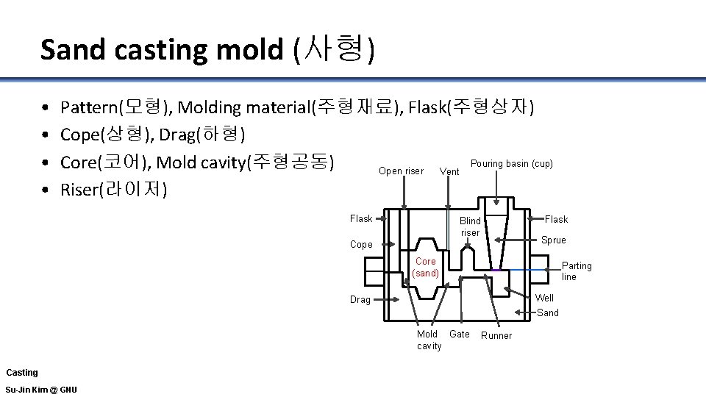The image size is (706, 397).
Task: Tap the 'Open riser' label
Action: point(401,171)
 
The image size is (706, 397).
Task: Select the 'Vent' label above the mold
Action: point(449,172)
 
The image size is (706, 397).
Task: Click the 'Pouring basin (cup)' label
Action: point(511,163)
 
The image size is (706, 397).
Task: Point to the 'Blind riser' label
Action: point(470,226)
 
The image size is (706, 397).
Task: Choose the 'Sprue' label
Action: point(553,240)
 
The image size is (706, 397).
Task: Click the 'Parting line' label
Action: point(576,271)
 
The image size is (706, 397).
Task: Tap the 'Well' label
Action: point(544,298)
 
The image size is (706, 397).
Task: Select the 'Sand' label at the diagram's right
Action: point(547,312)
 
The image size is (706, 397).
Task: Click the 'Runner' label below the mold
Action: point(496,336)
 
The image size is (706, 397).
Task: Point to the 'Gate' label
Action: point(459,335)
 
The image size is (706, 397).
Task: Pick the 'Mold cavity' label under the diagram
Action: point(429,340)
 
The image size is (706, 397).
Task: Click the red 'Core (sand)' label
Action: point(425,267)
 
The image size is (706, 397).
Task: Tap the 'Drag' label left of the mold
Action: point(360,300)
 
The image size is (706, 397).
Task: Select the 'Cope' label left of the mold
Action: point(360,245)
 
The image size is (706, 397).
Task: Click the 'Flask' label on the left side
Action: point(361,218)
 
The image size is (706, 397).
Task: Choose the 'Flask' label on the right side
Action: point(556,219)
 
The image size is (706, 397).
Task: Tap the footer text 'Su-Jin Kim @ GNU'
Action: point(40,389)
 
